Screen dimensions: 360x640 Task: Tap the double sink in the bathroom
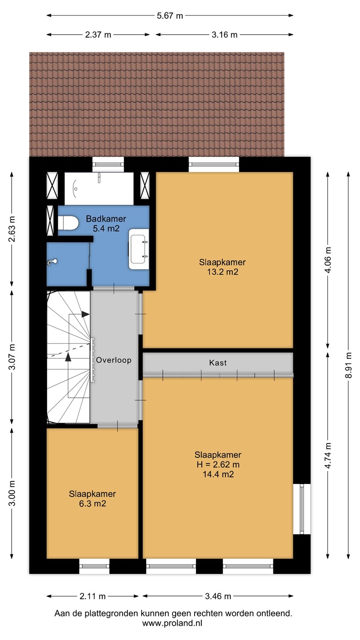click(x=139, y=249)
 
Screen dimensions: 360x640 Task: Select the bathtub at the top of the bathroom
click(x=99, y=188)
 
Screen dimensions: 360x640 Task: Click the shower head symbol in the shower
click(x=52, y=262)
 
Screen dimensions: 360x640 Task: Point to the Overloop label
click(x=113, y=360)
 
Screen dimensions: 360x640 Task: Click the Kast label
click(x=218, y=363)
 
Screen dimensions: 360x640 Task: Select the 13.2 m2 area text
click(x=222, y=272)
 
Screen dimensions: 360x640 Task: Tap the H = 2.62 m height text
click(x=218, y=464)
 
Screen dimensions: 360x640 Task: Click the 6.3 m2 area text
click(x=92, y=504)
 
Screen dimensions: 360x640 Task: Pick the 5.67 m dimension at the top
click(x=170, y=16)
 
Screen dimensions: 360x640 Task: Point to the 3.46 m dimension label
click(x=218, y=596)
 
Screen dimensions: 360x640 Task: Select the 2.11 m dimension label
click(x=92, y=596)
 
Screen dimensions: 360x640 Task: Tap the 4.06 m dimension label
click(x=328, y=260)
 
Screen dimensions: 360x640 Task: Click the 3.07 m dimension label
click(x=12, y=357)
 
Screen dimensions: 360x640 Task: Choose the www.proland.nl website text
click(x=172, y=624)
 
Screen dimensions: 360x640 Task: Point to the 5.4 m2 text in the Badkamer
click(x=106, y=228)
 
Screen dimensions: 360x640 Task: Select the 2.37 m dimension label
click(x=98, y=35)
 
